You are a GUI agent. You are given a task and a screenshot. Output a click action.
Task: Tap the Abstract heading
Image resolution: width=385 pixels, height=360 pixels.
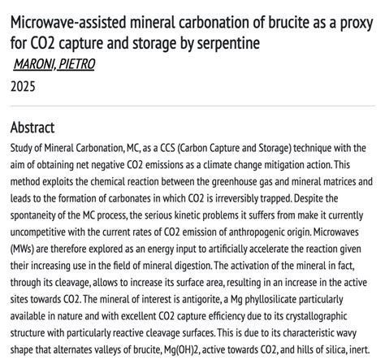tap(32, 128)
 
